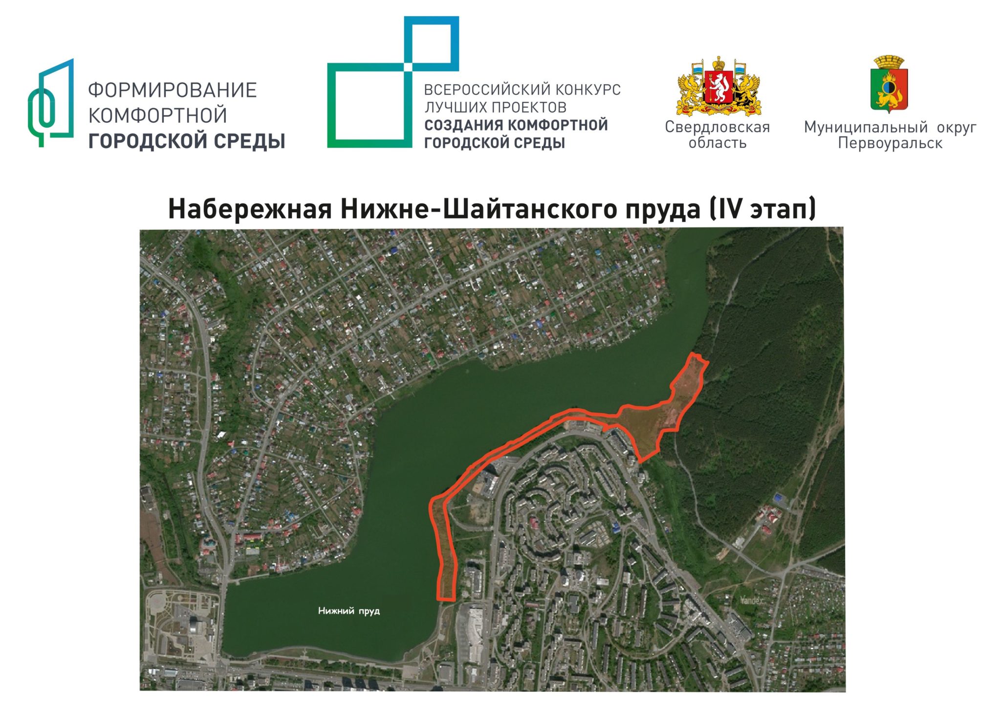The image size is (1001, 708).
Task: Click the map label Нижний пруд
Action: (x=348, y=611)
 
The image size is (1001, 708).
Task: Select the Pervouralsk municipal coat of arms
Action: (x=889, y=84)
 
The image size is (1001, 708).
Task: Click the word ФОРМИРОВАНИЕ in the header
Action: (x=172, y=90)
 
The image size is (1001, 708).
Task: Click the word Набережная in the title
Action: (x=250, y=209)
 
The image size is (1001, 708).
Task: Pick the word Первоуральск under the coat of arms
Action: (x=890, y=143)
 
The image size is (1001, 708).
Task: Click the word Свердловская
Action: (x=717, y=127)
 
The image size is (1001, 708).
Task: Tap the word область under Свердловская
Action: (x=717, y=143)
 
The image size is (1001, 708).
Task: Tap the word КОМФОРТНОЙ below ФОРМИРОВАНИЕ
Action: (x=157, y=116)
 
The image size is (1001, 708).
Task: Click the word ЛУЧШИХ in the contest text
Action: (x=456, y=108)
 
